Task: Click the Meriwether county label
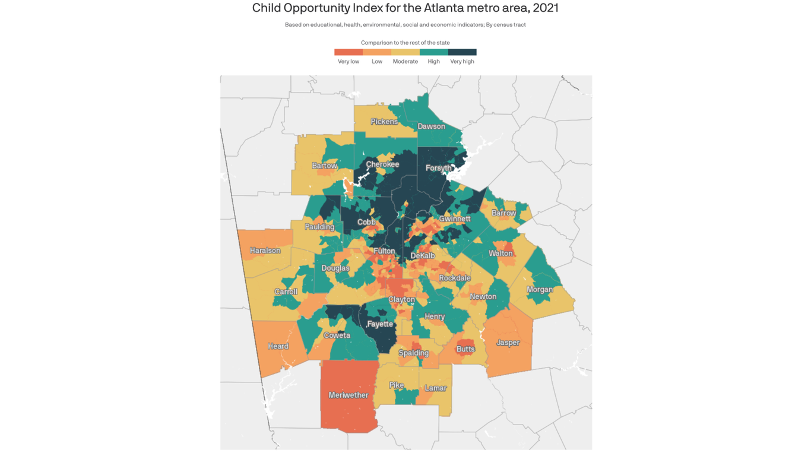pos(349,395)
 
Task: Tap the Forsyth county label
pos(439,168)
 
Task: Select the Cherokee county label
pos(382,164)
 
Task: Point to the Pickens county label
pos(384,122)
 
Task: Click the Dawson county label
pos(431,126)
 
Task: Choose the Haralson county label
pos(265,251)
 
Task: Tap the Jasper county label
pos(508,343)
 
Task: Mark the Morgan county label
pos(539,290)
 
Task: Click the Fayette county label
pos(380,324)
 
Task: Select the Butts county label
pos(465,349)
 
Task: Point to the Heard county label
pos(278,346)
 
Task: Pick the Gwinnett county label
pos(455,218)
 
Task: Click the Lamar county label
pos(435,388)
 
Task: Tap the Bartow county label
pos(325,166)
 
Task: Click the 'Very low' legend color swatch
pos(349,52)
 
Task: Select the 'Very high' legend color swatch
pos(462,52)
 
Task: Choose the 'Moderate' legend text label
pos(405,62)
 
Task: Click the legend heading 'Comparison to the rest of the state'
pos(405,43)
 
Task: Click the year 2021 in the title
pos(546,8)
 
